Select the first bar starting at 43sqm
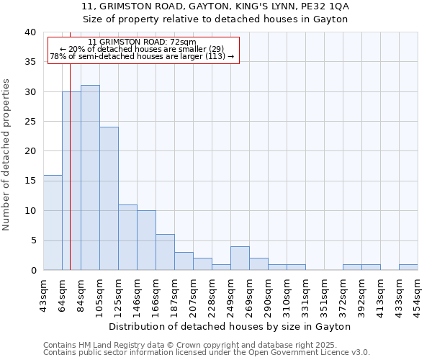click(x=53, y=222)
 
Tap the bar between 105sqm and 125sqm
click(x=109, y=199)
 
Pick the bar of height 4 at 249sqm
click(x=240, y=258)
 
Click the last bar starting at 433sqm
click(x=408, y=267)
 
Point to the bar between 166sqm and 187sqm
click(x=165, y=252)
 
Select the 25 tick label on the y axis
click(x=30, y=122)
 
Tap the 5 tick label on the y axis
click(x=33, y=240)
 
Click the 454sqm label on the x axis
click(x=418, y=294)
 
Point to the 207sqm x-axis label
click(x=194, y=294)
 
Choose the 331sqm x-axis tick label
click(x=306, y=294)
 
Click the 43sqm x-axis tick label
click(x=44, y=294)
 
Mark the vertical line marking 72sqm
click(x=70, y=166)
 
